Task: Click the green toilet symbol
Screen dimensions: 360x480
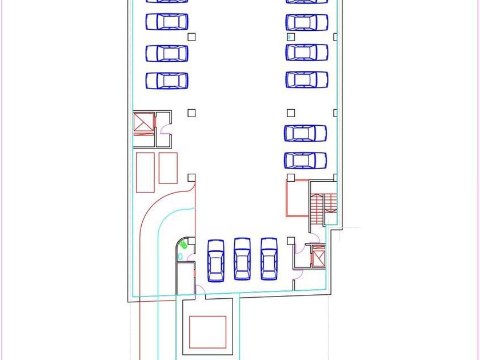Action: tap(183, 245)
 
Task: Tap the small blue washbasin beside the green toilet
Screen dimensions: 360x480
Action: tap(181, 257)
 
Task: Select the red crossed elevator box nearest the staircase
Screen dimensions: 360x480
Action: tap(318, 256)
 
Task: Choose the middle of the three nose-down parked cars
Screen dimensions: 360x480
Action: tap(242, 259)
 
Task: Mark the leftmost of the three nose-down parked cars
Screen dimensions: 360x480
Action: tap(215, 260)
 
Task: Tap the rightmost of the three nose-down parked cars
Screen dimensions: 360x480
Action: tap(269, 259)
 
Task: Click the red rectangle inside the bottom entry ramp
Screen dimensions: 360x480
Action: tap(208, 332)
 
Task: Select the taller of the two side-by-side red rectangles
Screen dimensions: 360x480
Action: tap(145, 172)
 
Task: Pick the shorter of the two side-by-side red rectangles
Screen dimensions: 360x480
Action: tap(168, 167)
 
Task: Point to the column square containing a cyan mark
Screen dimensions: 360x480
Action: tap(290, 37)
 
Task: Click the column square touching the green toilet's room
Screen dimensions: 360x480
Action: tap(191, 241)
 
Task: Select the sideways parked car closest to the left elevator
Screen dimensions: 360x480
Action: tap(167, 81)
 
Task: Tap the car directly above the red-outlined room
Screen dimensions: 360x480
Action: tap(305, 161)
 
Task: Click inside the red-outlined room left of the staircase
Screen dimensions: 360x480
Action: tap(297, 198)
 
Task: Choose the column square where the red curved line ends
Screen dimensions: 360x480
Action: tap(191, 178)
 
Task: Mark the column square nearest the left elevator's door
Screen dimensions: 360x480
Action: tap(191, 113)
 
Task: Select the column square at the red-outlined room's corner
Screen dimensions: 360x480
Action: tap(290, 178)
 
